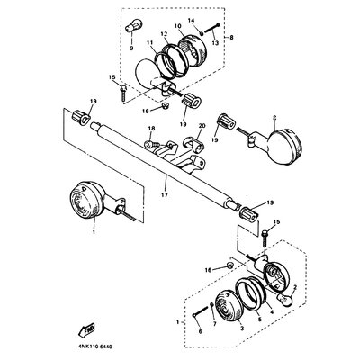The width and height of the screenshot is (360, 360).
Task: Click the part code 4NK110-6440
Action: (95, 342)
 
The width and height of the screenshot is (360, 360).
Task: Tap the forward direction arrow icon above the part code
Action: (88, 328)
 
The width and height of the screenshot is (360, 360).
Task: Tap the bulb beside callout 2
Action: (287, 299)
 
